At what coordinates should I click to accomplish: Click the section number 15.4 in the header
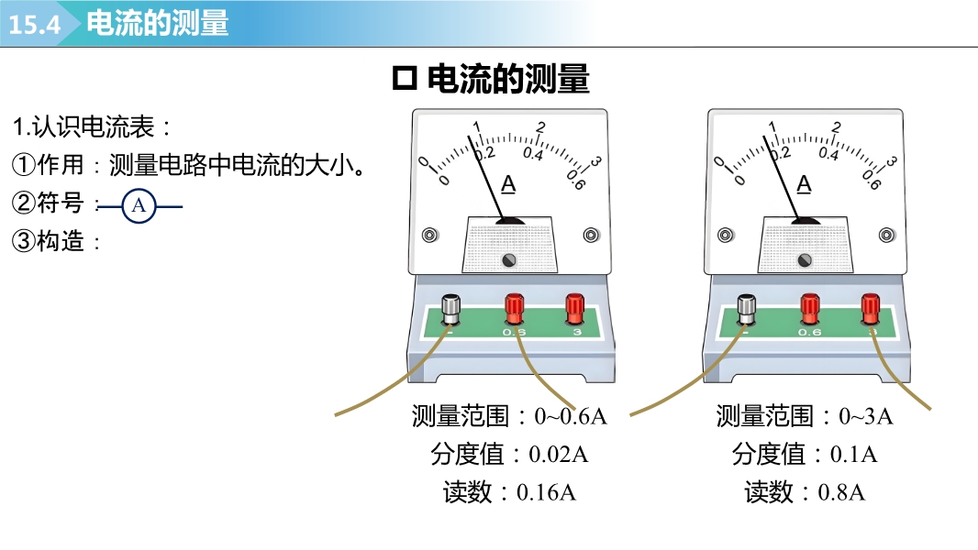pos(35,25)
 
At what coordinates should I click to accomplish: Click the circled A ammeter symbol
pos(139,205)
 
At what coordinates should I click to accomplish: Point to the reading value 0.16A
pos(546,492)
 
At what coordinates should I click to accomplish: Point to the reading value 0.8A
pos(841,492)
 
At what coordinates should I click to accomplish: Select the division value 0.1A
pos(853,455)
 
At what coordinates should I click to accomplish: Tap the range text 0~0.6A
pos(571,417)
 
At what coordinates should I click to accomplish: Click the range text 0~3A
pos(866,417)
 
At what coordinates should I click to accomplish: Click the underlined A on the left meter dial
pos(508,184)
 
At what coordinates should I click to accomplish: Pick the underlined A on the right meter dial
pos(805,184)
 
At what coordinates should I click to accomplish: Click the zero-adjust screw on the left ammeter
pos(509,261)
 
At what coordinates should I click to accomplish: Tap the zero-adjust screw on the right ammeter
pos(806,261)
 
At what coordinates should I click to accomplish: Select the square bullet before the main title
pos(404,80)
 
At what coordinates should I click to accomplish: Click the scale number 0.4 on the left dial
pos(532,153)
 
